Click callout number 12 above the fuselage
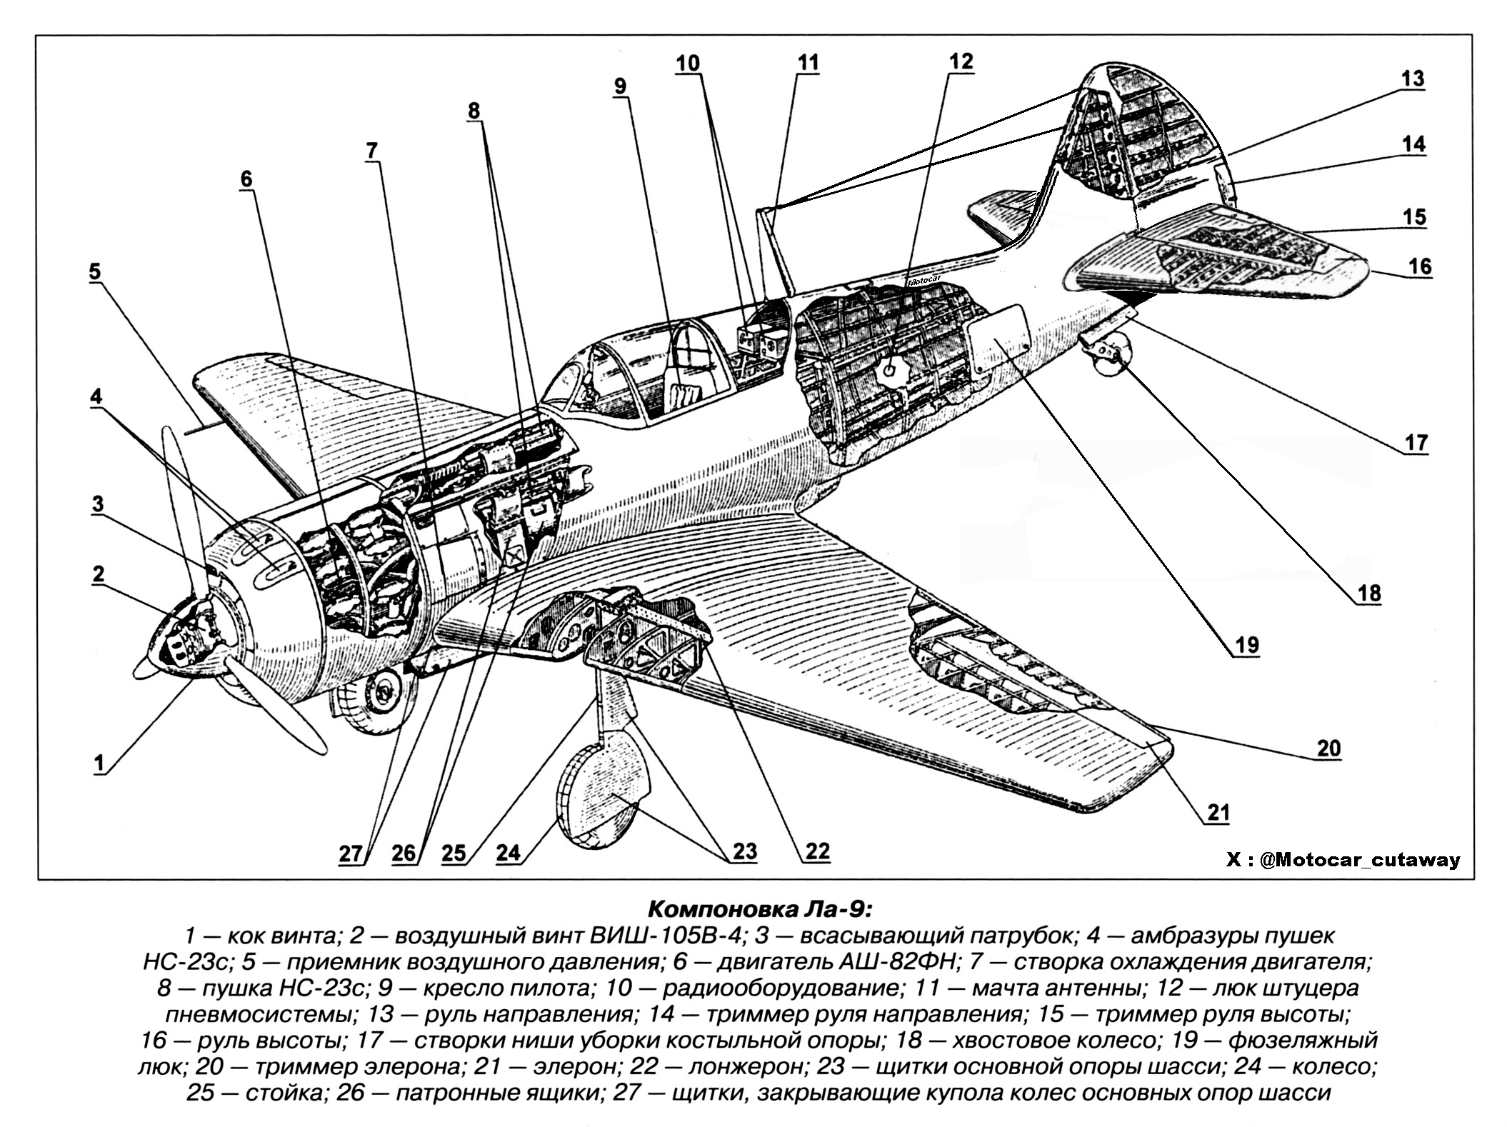pyautogui.click(x=961, y=61)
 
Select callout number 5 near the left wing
pyautogui.click(x=95, y=272)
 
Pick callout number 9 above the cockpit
pyautogui.click(x=619, y=86)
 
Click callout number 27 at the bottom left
pyautogui.click(x=351, y=854)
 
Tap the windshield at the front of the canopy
pyautogui.click(x=564, y=386)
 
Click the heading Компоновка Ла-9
pyautogui.click(x=759, y=910)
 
